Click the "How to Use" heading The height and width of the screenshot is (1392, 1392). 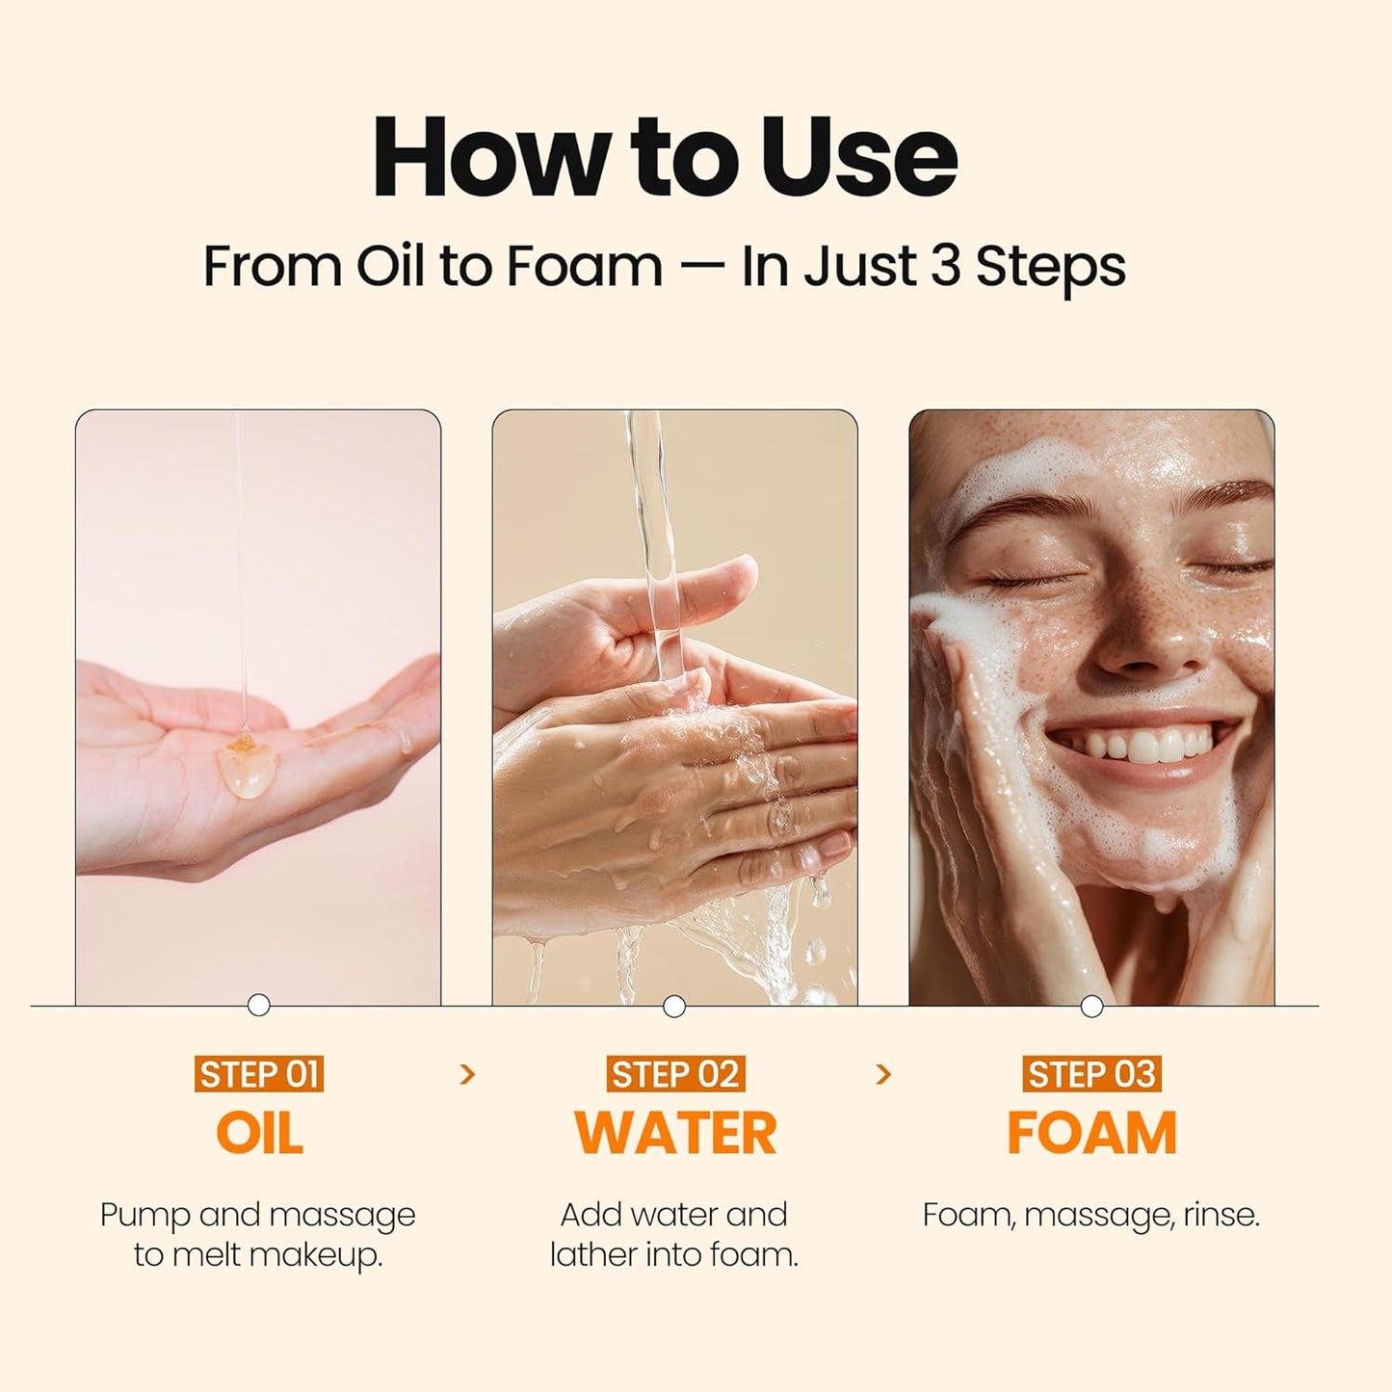pyautogui.click(x=665, y=157)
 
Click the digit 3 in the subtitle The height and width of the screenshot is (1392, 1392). pyautogui.click(x=946, y=266)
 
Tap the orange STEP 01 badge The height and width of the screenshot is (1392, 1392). pyautogui.click(x=258, y=1074)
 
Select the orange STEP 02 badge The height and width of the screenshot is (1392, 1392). pyautogui.click(x=674, y=1074)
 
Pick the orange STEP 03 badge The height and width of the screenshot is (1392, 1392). pyautogui.click(x=1091, y=1074)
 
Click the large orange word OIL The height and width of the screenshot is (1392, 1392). pyautogui.click(x=259, y=1133)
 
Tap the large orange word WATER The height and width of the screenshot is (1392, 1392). pyautogui.click(x=674, y=1133)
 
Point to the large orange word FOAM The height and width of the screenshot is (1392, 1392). pyautogui.click(x=1091, y=1133)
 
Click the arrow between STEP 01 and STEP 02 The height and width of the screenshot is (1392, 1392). pyautogui.click(x=468, y=1074)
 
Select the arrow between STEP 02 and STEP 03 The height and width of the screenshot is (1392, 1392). pyautogui.click(x=883, y=1074)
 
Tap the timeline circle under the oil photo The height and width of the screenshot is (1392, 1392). pyautogui.click(x=258, y=1006)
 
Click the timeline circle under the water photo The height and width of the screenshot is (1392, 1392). pyautogui.click(x=674, y=1007)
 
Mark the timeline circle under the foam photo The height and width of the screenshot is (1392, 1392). pyautogui.click(x=1091, y=1007)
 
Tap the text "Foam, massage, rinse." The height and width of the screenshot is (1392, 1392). pyautogui.click(x=1090, y=1215)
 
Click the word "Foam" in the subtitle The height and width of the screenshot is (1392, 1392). pyautogui.click(x=584, y=266)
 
